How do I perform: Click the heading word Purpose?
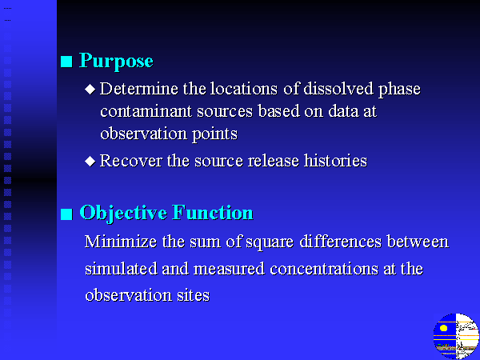pyautogui.click(x=116, y=62)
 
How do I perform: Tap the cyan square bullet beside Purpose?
pyautogui.click(x=66, y=62)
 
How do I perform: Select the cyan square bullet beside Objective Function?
pyautogui.click(x=66, y=214)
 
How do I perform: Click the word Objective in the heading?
pyautogui.click(x=122, y=213)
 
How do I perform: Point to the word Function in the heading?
pyautogui.click(x=213, y=212)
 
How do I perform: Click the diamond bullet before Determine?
pyautogui.click(x=90, y=89)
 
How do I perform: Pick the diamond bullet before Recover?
pyautogui.click(x=90, y=161)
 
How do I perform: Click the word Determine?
pyautogui.click(x=139, y=89)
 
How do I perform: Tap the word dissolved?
pyautogui.click(x=338, y=89)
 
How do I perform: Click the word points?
pyautogui.click(x=214, y=134)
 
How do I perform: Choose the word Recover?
pyautogui.click(x=130, y=161)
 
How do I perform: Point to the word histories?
pyautogui.click(x=335, y=161)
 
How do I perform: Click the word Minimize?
pyautogui.click(x=121, y=242)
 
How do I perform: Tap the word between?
pyautogui.click(x=418, y=242)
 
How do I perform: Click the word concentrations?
pyautogui.click(x=324, y=269)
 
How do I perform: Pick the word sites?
pyautogui.click(x=193, y=295)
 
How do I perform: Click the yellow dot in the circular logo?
pyautogui.click(x=443, y=329)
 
